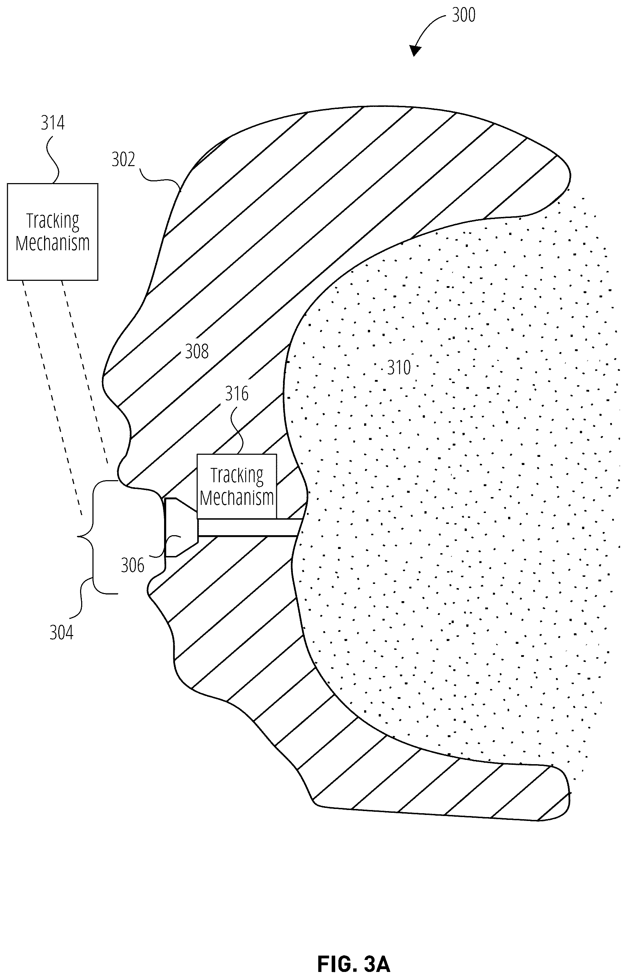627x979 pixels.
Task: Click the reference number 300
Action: tap(464, 15)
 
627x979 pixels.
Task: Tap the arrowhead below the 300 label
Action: tap(415, 50)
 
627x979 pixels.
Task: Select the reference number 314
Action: tap(53, 123)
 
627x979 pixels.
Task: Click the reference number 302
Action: tap(123, 159)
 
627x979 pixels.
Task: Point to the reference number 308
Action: tap(197, 351)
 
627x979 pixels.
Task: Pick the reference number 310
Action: tap(399, 368)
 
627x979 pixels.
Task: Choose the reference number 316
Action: tap(236, 394)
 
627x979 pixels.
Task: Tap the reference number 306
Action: tap(133, 566)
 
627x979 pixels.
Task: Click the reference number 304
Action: tap(61, 633)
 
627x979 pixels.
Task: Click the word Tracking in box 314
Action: tap(53, 221)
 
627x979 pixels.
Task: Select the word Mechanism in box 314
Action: tap(53, 243)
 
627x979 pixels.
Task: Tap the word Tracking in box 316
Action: tap(237, 476)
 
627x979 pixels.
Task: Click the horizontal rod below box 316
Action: tap(249, 527)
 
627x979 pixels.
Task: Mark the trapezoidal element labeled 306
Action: tap(182, 527)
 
